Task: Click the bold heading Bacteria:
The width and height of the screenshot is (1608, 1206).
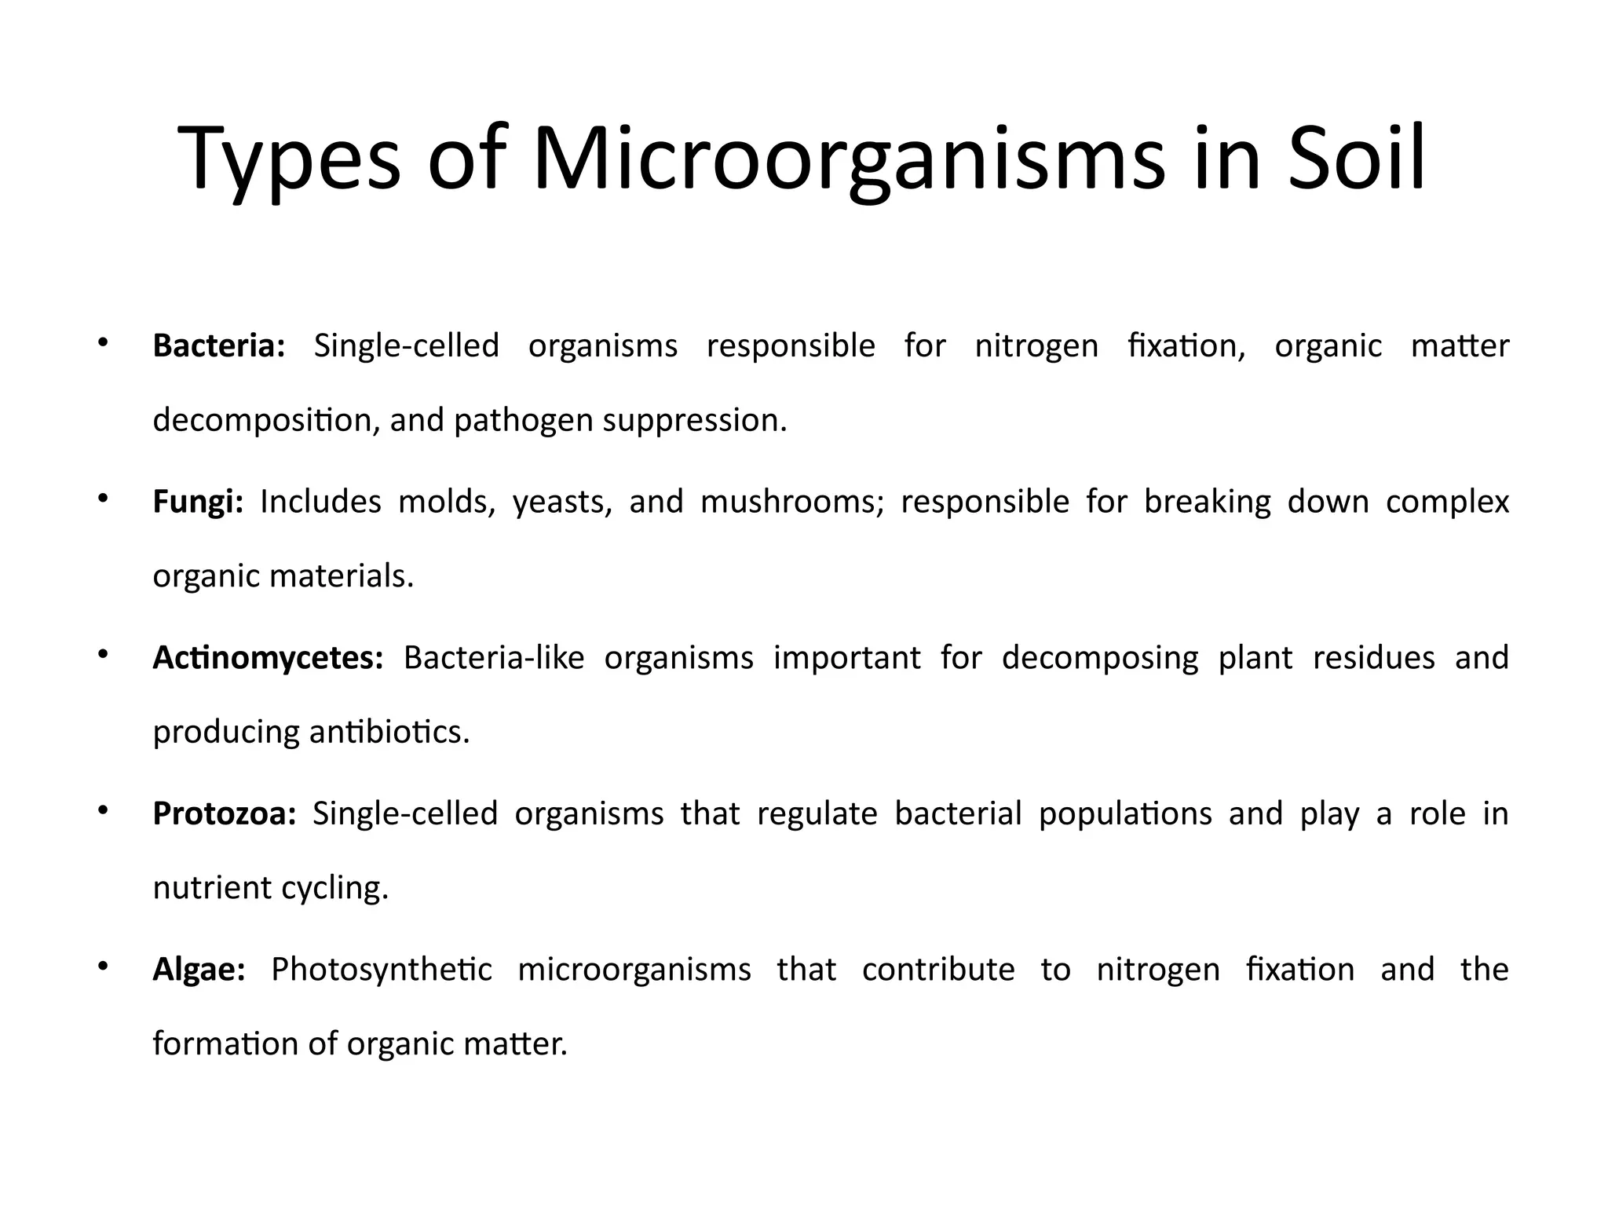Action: (x=219, y=346)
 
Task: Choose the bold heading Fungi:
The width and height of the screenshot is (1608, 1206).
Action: (x=198, y=502)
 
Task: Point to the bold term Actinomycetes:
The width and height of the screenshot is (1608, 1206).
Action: (x=268, y=658)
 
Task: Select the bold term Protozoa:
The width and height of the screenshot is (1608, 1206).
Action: (x=225, y=814)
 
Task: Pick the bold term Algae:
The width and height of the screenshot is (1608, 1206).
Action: (x=199, y=970)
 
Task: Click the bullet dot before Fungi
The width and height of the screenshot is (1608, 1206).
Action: (x=102, y=498)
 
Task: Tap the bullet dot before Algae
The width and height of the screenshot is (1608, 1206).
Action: (x=102, y=967)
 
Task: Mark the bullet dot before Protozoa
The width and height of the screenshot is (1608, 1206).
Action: (x=102, y=810)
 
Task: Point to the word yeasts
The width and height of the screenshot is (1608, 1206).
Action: (x=562, y=502)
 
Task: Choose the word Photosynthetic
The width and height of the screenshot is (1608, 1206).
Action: (x=382, y=970)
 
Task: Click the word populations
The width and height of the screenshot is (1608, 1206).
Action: (x=1125, y=814)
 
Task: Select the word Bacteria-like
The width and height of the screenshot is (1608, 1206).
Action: (x=494, y=658)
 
